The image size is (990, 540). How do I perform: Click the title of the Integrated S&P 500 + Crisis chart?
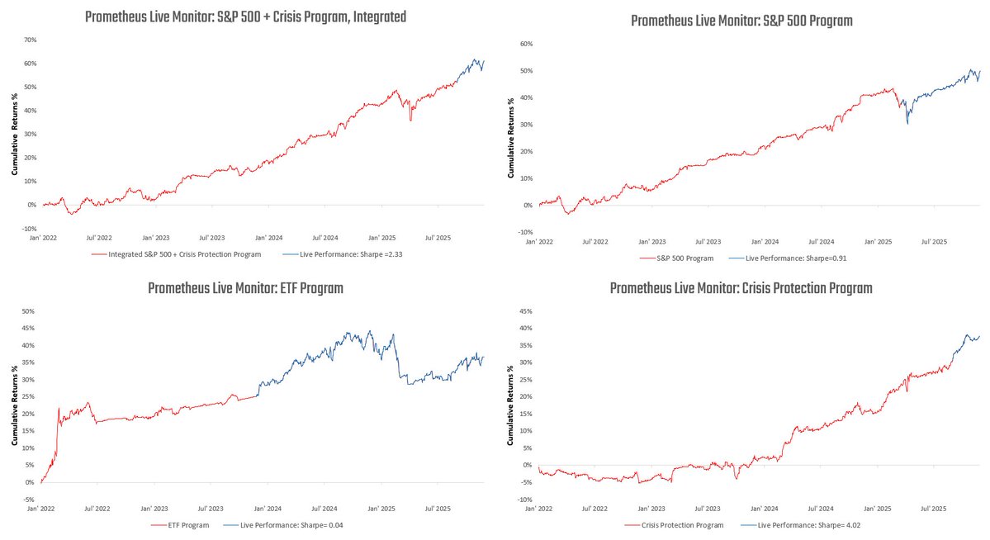(245, 17)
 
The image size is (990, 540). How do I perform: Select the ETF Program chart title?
(245, 288)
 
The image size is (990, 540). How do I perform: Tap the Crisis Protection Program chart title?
(741, 288)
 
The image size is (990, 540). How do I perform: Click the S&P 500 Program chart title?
(741, 21)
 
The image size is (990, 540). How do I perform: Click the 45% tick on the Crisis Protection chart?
(523, 311)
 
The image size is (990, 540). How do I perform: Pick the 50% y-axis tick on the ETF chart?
(28, 311)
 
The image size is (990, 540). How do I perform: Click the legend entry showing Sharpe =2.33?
(342, 254)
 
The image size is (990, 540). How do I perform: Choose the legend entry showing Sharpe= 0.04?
(282, 525)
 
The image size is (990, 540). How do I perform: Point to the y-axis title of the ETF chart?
(14, 396)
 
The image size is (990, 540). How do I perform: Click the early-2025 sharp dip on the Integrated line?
(410, 121)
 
